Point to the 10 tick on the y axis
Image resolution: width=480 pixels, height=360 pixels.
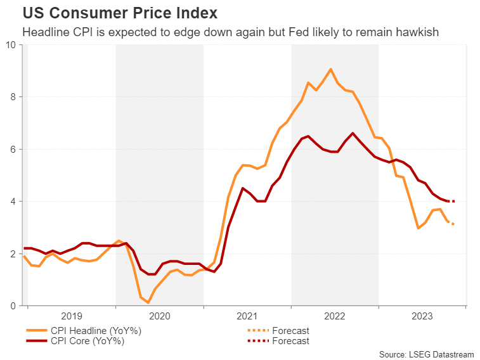[12, 44]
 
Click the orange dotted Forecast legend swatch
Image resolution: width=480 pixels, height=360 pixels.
[256, 330]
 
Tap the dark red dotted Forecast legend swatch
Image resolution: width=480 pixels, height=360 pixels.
[256, 341]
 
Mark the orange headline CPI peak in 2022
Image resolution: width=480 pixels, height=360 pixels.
[331, 69]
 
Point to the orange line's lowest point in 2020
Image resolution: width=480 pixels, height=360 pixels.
[148, 303]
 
